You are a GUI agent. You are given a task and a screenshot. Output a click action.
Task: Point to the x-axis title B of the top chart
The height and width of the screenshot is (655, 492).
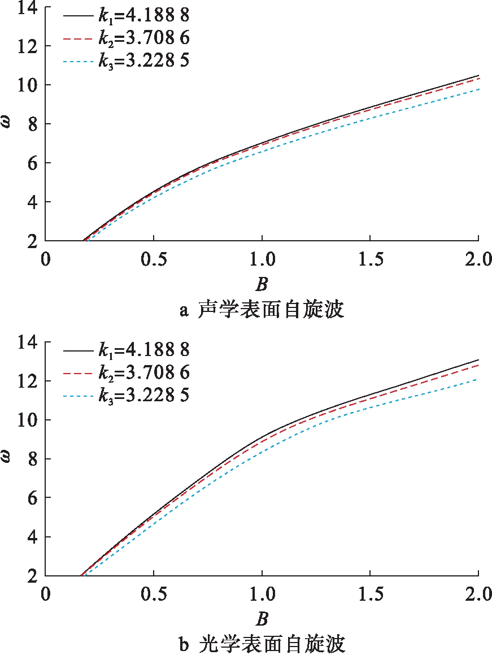262,284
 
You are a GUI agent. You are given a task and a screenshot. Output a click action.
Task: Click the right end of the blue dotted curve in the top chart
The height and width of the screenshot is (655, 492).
478,89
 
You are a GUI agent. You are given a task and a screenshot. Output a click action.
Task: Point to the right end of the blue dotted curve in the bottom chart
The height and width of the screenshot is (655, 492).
478,379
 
